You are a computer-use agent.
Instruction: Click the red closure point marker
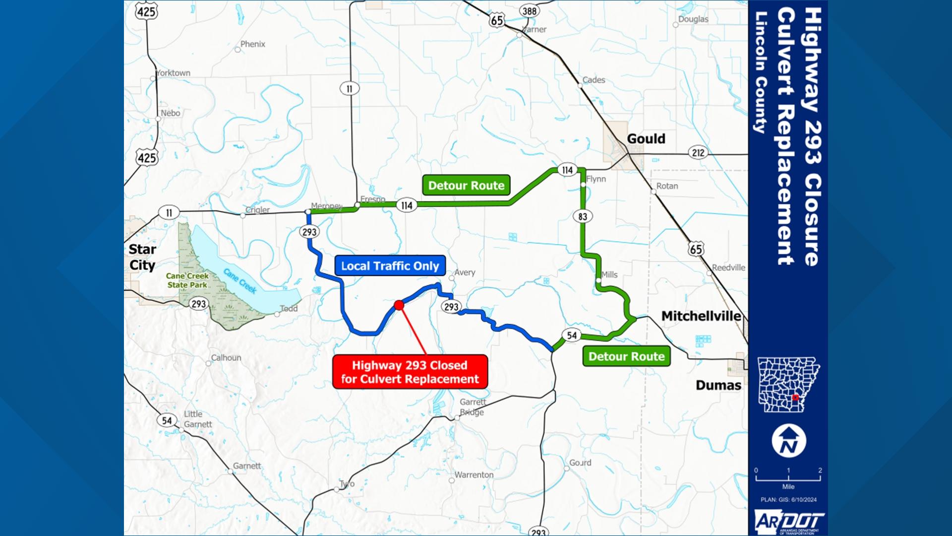click(x=399, y=305)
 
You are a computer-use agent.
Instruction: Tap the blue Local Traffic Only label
click(x=390, y=266)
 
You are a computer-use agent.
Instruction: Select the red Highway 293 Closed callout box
click(x=410, y=372)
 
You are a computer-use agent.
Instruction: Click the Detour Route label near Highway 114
click(x=466, y=186)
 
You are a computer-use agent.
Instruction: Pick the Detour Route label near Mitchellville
click(x=626, y=356)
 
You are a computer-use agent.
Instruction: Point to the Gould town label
click(x=646, y=139)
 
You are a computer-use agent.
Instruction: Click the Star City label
click(x=142, y=257)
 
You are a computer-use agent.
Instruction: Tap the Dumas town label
click(x=718, y=385)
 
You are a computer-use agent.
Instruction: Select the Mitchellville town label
click(x=701, y=316)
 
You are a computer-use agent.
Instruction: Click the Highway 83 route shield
click(x=583, y=216)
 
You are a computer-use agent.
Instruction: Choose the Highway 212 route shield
click(x=698, y=153)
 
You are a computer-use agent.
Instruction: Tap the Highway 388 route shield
click(x=529, y=11)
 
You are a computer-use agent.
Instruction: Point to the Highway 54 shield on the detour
click(x=572, y=335)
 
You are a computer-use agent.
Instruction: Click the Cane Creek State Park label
click(x=187, y=280)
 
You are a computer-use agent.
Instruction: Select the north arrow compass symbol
click(x=788, y=441)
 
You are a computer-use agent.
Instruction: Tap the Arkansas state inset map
click(x=788, y=384)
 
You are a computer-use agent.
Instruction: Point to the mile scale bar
click(x=788, y=478)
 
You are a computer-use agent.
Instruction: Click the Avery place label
click(x=465, y=272)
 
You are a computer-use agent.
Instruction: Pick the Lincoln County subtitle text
click(x=760, y=72)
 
